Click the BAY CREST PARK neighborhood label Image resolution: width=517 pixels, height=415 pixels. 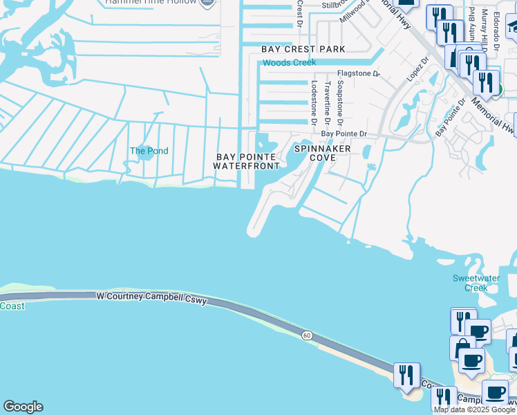[x=303, y=49]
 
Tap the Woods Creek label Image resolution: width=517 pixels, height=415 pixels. [x=288, y=63]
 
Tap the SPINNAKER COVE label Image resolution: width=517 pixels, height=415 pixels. [x=323, y=153]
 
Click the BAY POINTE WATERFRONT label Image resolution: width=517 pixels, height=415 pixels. [x=246, y=161]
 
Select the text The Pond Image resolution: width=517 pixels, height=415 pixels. [x=149, y=151]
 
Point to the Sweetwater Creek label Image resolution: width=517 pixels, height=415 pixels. [x=470, y=283]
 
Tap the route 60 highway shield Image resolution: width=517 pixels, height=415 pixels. [x=306, y=335]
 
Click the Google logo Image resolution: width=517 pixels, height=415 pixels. [x=23, y=407]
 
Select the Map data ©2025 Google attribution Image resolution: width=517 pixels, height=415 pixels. [x=475, y=409]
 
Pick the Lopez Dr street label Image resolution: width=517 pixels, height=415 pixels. [x=417, y=70]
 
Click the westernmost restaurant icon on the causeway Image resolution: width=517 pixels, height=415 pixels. [x=406, y=374]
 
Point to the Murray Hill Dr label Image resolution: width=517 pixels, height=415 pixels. [x=486, y=28]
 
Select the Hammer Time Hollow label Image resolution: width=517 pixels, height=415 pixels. [x=152, y=2]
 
